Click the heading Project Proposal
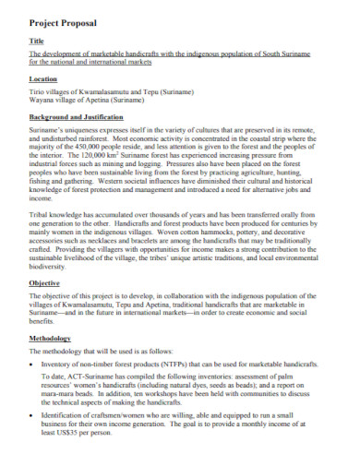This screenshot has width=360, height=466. coord(60,18)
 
